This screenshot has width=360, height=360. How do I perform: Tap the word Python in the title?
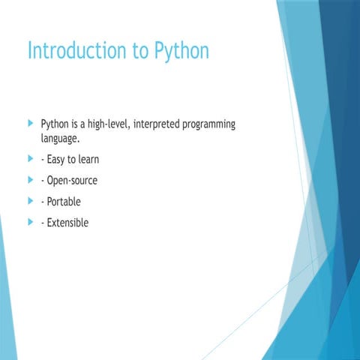181,51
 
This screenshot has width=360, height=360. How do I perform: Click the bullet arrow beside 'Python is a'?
30,122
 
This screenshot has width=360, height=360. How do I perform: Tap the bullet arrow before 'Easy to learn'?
30,159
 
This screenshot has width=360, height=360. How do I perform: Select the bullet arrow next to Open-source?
30,180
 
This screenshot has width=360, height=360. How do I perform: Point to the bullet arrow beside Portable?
30,201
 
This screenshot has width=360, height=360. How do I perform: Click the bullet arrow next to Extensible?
30,222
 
